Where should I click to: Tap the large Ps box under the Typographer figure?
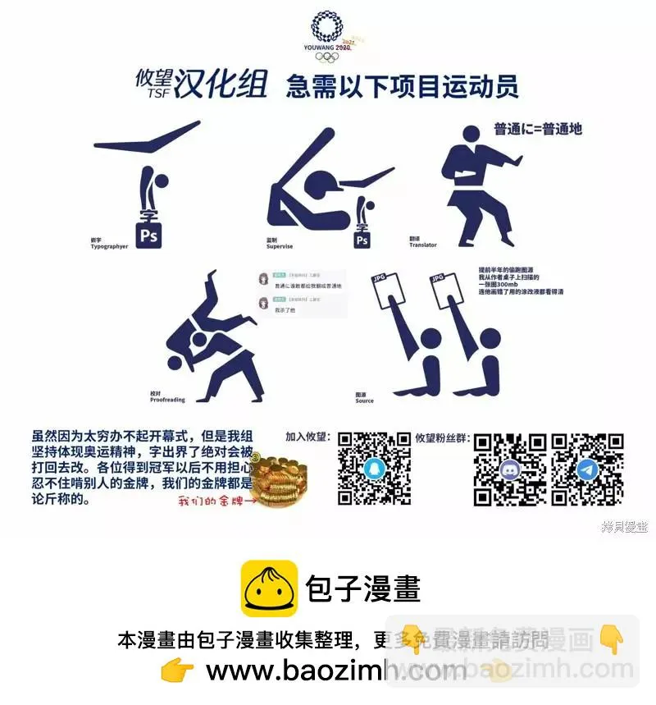click(x=148, y=234)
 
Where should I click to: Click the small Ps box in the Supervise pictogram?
click(x=362, y=239)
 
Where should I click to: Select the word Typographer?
click(x=109, y=246)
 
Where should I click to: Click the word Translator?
click(x=423, y=245)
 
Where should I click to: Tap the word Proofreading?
click(x=167, y=400)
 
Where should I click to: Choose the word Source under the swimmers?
click(x=364, y=401)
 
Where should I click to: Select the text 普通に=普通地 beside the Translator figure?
click(x=537, y=129)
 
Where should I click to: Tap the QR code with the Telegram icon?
click(x=587, y=469)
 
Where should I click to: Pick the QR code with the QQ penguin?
click(x=374, y=468)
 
